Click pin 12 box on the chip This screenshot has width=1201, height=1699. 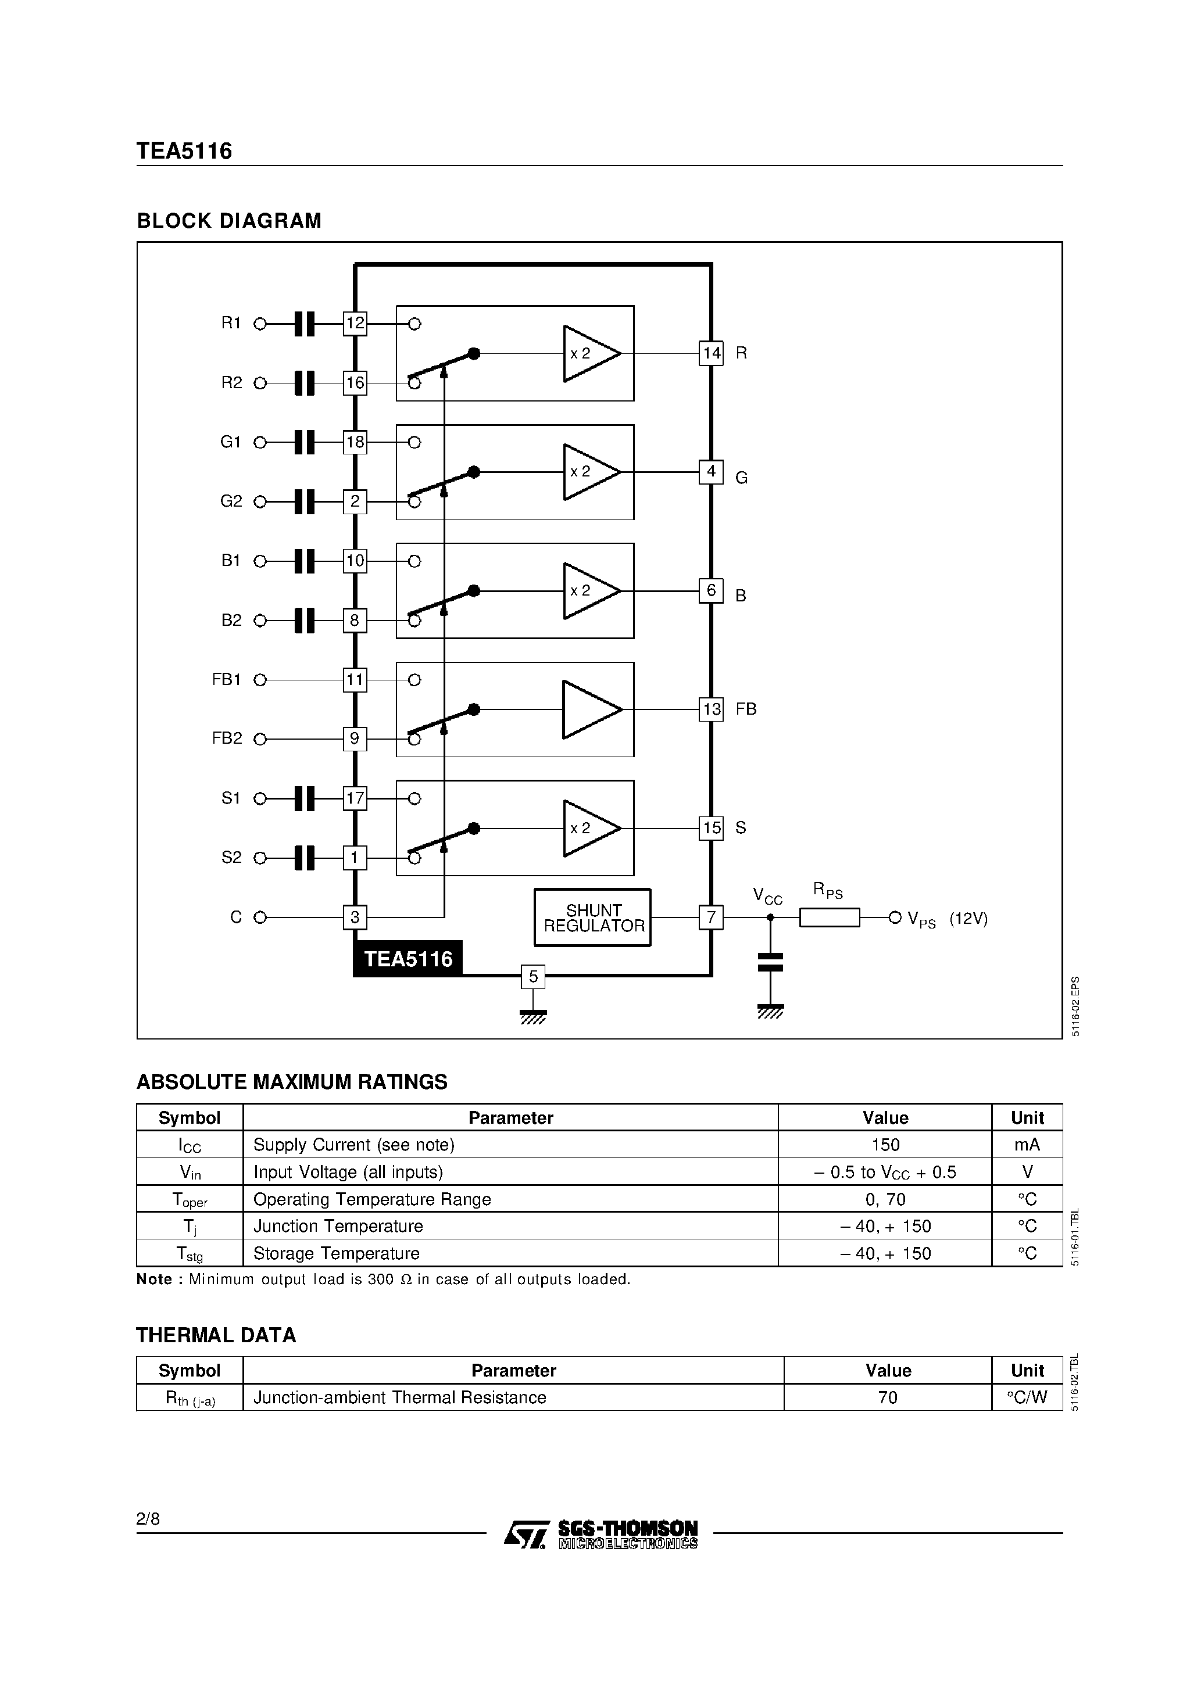pyautogui.click(x=355, y=324)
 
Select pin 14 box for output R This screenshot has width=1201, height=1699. pyautogui.click(x=711, y=353)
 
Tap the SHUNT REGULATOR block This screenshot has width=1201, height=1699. pyautogui.click(x=592, y=917)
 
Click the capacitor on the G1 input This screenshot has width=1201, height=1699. pyautogui.click(x=305, y=443)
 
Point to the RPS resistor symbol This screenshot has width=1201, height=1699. pyautogui.click(x=830, y=917)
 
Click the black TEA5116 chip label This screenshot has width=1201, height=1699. pyautogui.click(x=408, y=959)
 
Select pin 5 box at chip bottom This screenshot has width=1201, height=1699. pyautogui.click(x=533, y=977)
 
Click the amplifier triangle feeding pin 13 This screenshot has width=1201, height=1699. pyautogui.click(x=590, y=709)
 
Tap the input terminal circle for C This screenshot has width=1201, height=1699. pyautogui.click(x=260, y=917)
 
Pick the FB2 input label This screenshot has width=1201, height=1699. pyautogui.click(x=227, y=739)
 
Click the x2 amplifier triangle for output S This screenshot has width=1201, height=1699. pyautogui.click(x=590, y=828)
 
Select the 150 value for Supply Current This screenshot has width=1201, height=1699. pyautogui.click(x=885, y=1145)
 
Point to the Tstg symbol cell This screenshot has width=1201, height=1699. pyautogui.click(x=190, y=1253)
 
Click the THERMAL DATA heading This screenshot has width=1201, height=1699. pyautogui.click(x=216, y=1335)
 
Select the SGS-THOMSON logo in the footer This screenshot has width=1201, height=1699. pyautogui.click(x=600, y=1535)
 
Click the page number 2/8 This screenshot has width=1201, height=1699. pyautogui.click(x=148, y=1519)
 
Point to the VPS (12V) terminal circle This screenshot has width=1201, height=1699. pyautogui.click(x=895, y=917)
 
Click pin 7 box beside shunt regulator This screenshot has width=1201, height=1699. pyautogui.click(x=711, y=917)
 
